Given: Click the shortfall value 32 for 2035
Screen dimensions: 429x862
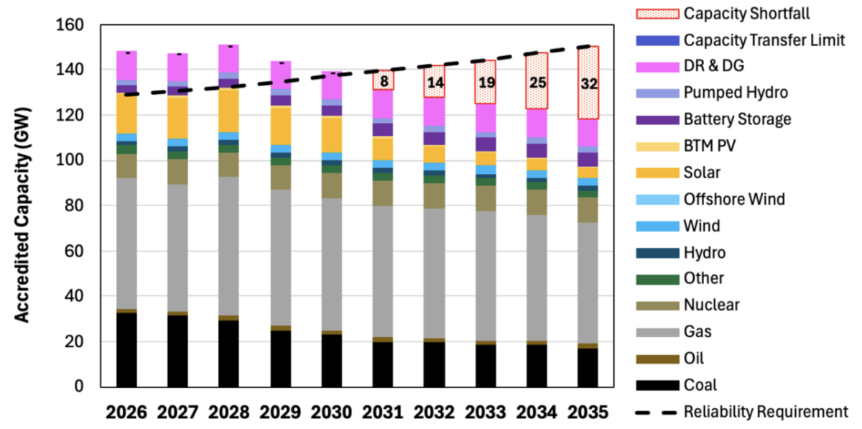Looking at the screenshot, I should tap(589, 84).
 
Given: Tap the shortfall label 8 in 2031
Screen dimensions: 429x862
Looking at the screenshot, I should tap(384, 81).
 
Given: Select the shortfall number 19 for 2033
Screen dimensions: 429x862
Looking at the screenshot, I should tap(486, 83).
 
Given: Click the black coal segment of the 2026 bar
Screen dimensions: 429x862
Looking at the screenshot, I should tap(126, 349).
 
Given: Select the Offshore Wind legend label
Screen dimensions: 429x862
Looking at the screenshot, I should tap(734, 200).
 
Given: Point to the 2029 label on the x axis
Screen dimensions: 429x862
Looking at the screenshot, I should tap(281, 413).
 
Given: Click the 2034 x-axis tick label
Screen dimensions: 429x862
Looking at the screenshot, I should tap(537, 413).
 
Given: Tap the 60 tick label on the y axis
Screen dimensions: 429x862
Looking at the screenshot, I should tap(75, 252).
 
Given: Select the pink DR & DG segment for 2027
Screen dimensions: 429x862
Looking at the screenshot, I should tap(178, 68).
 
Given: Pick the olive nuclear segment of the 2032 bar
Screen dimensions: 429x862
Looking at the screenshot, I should tap(435, 196).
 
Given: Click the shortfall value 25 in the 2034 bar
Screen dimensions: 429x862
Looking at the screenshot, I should tap(538, 83).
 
